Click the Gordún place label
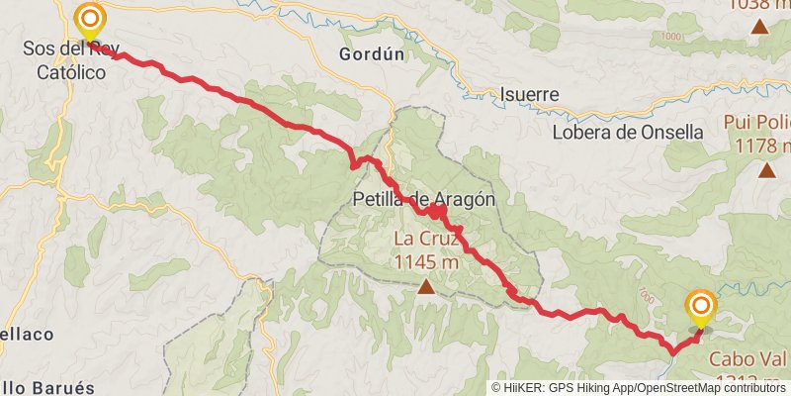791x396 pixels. [x=372, y=54]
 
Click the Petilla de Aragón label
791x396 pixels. [x=423, y=198]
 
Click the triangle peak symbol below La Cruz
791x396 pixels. [x=426, y=287]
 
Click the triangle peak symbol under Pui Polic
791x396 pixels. [x=767, y=169]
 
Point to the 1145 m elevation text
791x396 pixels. [x=426, y=262]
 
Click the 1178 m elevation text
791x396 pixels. [x=763, y=146]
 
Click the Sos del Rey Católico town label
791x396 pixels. [x=69, y=59]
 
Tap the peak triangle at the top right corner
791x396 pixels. [x=760, y=27]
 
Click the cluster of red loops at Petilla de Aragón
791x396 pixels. [x=435, y=210]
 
